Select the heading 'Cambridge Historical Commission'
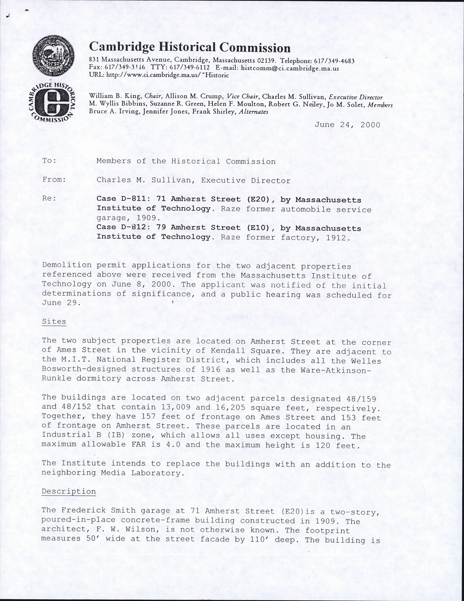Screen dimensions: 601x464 coord(189,48)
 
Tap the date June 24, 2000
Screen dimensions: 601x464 coord(347,125)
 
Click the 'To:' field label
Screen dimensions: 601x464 coord(49,161)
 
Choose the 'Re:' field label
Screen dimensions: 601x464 coord(49,198)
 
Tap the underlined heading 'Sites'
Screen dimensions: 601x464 coord(54,322)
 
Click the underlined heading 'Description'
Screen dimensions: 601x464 coord(69,492)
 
